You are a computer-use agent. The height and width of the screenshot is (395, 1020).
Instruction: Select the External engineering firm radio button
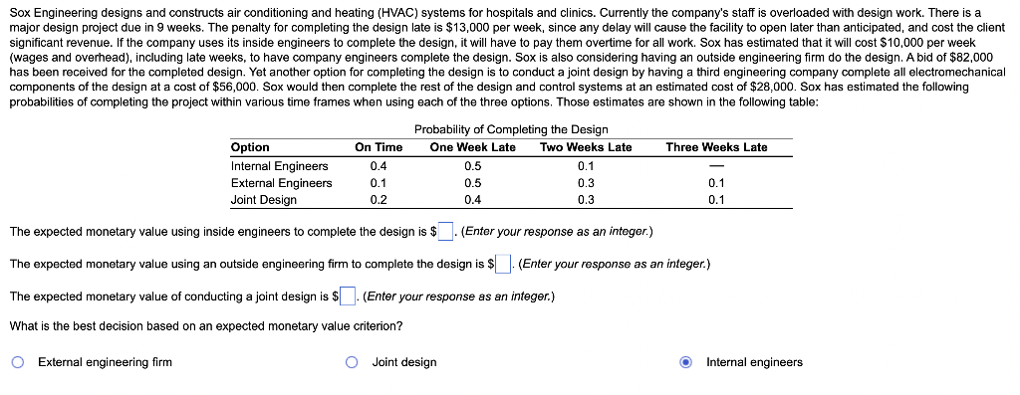(18, 362)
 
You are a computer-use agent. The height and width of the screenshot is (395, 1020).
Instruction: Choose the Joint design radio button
(352, 362)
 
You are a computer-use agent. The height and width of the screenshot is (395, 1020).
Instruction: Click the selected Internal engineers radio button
(686, 362)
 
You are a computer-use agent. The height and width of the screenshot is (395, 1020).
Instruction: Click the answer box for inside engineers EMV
(447, 233)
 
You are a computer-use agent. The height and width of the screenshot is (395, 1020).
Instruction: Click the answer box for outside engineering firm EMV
(504, 265)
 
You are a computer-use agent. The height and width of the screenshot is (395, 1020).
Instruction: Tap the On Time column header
(379, 147)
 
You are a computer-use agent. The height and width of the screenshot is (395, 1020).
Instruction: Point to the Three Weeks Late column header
(716, 147)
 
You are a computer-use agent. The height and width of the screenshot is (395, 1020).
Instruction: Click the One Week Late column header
(472, 147)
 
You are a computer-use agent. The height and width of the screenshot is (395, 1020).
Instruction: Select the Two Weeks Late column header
(586, 147)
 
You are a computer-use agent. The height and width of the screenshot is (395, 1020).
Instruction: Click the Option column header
(250, 147)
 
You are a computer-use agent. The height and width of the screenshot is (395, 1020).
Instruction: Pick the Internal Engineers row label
(279, 166)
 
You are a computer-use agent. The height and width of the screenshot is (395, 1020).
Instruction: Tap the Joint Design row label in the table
(263, 200)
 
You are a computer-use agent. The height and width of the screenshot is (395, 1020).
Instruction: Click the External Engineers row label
(281, 183)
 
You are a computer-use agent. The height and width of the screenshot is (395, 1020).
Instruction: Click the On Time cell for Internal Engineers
(379, 166)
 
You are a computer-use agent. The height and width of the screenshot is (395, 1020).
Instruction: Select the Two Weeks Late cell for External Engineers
(586, 183)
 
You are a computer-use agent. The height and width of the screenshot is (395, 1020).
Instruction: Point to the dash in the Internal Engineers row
(716, 166)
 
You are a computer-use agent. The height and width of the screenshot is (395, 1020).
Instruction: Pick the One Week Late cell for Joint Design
(472, 200)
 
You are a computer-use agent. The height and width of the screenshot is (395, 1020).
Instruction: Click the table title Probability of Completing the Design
(511, 130)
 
